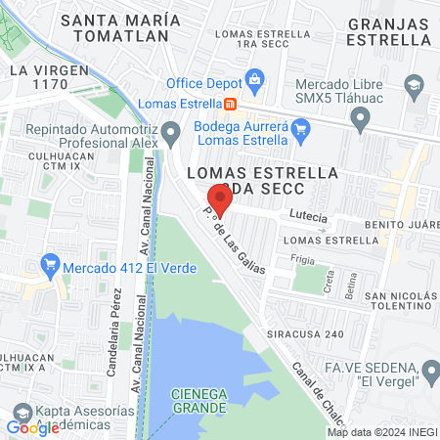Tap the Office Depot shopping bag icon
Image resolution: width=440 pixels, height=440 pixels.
(x=254, y=79)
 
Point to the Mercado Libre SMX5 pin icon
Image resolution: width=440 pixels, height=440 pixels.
(x=361, y=120)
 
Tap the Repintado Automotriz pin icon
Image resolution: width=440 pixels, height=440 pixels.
(x=172, y=130)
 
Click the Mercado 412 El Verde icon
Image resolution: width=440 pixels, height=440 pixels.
(x=50, y=265)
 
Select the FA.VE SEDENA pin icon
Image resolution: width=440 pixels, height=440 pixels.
(x=430, y=371)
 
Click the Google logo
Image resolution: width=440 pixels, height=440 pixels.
(x=32, y=427)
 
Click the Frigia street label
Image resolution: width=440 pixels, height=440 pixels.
(x=302, y=259)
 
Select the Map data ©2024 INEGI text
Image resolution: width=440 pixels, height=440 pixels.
(x=380, y=432)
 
